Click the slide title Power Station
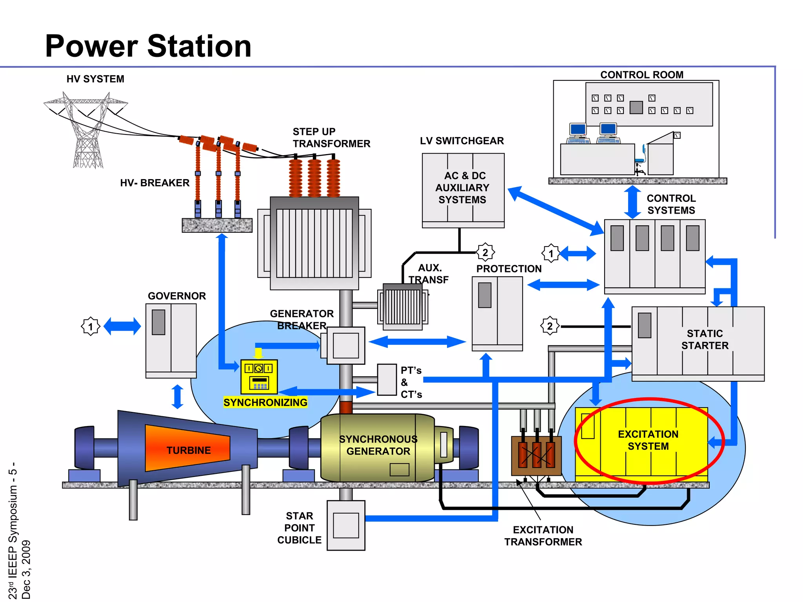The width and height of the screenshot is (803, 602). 148,46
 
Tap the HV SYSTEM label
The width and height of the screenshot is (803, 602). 95,79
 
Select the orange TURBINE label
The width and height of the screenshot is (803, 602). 188,450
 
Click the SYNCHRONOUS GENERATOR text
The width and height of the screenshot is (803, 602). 378,445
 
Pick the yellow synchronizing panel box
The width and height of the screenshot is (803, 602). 259,377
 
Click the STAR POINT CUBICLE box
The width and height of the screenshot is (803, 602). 346,525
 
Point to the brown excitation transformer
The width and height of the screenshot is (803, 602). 536,455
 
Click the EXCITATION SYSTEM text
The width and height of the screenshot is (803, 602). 648,440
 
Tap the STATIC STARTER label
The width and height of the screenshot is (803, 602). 705,339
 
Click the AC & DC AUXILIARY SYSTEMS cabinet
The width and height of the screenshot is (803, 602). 463,188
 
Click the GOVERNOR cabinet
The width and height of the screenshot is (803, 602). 171,339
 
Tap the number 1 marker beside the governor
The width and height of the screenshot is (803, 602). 91,326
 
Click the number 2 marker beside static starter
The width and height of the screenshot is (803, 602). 550,326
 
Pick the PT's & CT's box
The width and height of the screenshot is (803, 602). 387,379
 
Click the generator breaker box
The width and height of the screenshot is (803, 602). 345,345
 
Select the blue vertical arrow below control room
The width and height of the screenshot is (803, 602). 632,202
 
